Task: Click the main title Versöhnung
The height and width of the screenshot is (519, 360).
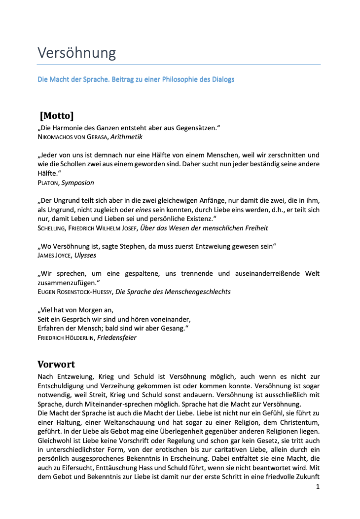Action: (77, 52)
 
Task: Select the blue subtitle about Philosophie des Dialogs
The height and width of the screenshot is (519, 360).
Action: (136, 79)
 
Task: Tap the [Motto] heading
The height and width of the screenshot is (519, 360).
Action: (57, 116)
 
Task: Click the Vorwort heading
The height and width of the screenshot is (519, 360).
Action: (56, 365)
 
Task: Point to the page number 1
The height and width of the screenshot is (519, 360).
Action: (318, 486)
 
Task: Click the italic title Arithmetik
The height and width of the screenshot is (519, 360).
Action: (127, 137)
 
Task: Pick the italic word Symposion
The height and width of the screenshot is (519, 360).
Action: (77, 183)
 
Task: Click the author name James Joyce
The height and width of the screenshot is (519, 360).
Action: (54, 256)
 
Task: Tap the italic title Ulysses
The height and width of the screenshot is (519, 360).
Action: (85, 256)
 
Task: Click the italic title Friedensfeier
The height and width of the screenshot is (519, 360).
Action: (117, 337)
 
